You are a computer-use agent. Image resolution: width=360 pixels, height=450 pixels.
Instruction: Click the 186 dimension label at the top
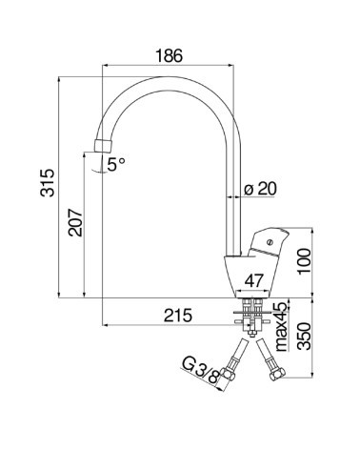tap(170, 56)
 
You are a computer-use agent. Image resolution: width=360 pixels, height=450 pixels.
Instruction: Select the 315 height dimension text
tap(48, 183)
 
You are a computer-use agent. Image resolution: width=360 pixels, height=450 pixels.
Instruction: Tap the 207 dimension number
tap(76, 222)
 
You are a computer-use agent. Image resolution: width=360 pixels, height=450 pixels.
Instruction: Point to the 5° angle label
tap(116, 165)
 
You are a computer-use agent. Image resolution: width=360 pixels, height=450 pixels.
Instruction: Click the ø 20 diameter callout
tap(260, 189)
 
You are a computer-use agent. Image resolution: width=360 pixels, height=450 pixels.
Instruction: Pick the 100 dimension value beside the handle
tap(304, 260)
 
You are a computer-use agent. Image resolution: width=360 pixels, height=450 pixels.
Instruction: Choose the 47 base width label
tap(254, 280)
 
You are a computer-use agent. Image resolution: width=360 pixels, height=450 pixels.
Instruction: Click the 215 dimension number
tap(178, 316)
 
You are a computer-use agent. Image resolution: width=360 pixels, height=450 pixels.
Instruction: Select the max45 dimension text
tap(281, 326)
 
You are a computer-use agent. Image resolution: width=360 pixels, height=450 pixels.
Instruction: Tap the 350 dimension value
tap(305, 337)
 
